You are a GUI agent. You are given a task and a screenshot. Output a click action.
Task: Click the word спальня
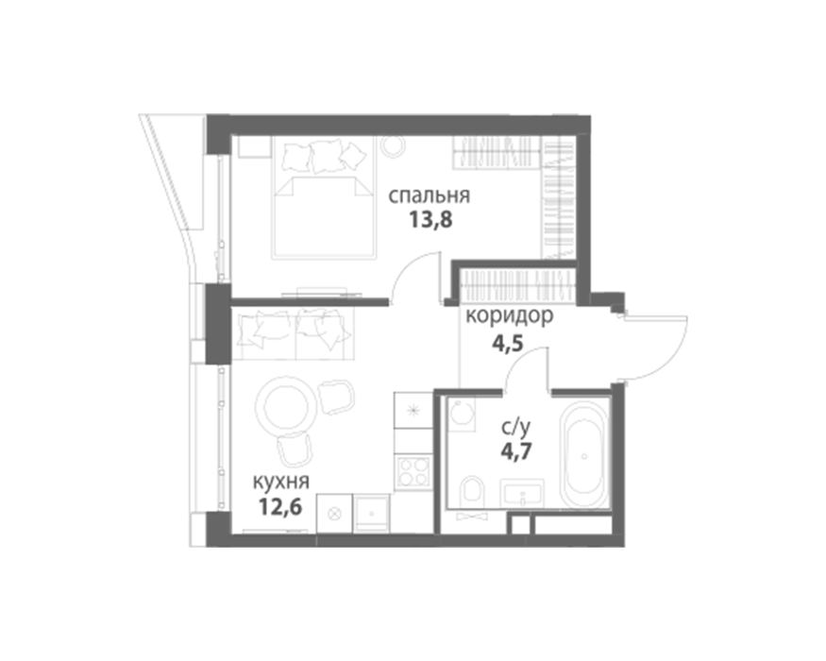[429, 196]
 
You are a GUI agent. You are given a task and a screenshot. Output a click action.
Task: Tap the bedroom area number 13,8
[430, 220]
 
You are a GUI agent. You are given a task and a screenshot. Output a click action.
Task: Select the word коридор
[510, 315]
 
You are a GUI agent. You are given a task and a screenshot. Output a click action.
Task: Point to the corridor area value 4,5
[507, 344]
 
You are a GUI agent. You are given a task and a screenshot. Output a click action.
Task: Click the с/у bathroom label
[515, 429]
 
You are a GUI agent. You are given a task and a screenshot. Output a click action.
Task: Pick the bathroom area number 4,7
[516, 451]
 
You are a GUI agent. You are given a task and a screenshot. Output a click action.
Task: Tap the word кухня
[280, 482]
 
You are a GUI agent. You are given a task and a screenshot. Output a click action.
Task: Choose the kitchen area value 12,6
[280, 507]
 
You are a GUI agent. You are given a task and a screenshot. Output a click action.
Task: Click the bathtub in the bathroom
[583, 454]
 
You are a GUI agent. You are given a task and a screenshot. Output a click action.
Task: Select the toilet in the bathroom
[471, 490]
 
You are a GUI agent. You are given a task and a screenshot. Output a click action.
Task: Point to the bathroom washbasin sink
[521, 493]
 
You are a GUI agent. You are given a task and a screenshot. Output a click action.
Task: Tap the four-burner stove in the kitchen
[413, 472]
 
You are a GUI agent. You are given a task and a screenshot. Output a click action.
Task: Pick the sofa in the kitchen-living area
[293, 333]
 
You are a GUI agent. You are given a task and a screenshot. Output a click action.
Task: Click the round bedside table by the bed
[393, 144]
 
